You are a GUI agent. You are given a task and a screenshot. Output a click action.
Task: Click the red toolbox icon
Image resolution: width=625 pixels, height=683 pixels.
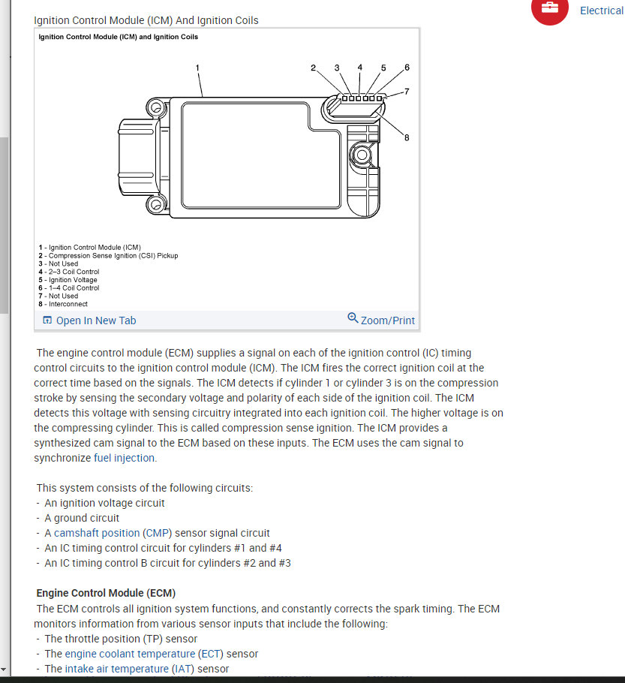coord(550,8)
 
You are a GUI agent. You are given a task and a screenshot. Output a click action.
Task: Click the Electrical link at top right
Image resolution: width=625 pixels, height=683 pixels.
coord(601,11)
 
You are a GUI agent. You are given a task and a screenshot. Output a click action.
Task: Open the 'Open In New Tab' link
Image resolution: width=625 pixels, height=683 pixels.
coord(89,320)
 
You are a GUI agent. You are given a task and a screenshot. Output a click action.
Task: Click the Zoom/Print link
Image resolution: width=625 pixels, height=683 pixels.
coord(381,320)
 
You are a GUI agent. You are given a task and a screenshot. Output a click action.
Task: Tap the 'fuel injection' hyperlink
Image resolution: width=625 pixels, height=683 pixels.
coord(125,458)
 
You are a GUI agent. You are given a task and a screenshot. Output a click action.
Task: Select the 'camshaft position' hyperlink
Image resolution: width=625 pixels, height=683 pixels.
coord(97,533)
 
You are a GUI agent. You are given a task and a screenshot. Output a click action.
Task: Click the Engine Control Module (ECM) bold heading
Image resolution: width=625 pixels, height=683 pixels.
coord(106,593)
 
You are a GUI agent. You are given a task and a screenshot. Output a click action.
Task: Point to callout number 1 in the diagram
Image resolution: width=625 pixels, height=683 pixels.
coord(197,68)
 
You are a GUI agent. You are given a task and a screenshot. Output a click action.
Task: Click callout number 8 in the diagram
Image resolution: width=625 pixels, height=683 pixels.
coord(407,137)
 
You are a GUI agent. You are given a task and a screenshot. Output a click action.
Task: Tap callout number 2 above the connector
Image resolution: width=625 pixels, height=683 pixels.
coord(314,68)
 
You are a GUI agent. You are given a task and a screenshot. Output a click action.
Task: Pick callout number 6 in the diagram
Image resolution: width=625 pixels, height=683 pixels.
coord(407,68)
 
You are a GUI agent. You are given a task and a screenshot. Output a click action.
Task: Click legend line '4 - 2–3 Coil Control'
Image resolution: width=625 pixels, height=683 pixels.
coord(69,272)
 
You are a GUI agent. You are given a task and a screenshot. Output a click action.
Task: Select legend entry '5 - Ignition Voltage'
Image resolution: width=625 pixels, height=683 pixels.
coord(68,280)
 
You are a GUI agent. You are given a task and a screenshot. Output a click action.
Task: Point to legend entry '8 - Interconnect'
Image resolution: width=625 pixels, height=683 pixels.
coord(63,304)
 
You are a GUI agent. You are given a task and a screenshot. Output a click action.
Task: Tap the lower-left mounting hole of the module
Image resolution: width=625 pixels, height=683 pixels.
coord(156,203)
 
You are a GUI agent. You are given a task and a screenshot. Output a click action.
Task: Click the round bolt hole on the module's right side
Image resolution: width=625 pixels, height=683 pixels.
coord(361,156)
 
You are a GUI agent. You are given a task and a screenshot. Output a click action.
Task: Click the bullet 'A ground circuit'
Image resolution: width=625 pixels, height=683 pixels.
coord(82,518)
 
